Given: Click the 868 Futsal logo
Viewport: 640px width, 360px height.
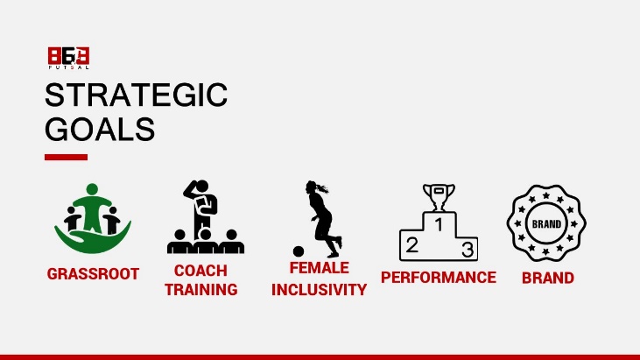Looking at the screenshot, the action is click(x=68, y=58).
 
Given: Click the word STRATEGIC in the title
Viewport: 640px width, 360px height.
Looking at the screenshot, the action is click(x=136, y=95).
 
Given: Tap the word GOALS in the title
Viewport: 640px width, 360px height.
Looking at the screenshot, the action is click(x=100, y=129).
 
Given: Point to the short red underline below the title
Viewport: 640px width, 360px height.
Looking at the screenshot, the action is click(x=67, y=157).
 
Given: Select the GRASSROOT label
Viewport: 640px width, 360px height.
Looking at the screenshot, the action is click(x=93, y=274).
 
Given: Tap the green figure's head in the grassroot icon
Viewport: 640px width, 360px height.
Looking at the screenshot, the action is click(x=92, y=189).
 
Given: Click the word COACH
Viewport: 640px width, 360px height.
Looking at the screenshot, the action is click(x=200, y=271).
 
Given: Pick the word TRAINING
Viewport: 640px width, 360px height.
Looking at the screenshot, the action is click(x=200, y=289).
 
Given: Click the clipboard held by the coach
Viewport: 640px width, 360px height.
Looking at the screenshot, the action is click(x=202, y=205).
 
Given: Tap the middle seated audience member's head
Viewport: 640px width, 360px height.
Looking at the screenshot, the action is click(x=205, y=234).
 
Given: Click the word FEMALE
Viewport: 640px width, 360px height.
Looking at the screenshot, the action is click(x=320, y=268).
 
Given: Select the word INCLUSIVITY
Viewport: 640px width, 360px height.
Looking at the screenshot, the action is click(x=320, y=290).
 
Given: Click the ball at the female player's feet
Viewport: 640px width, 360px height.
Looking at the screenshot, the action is click(x=299, y=251).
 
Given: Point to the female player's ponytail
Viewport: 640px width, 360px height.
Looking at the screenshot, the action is click(x=322, y=188).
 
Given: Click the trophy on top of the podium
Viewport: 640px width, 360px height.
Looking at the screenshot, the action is click(x=439, y=197).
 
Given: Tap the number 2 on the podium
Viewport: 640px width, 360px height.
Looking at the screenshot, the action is click(x=411, y=245).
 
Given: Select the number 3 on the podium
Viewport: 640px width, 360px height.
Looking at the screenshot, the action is click(x=468, y=250).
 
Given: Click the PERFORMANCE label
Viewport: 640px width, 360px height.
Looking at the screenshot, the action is click(x=439, y=278).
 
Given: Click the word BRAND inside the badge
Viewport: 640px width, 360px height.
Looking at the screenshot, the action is click(x=546, y=224).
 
